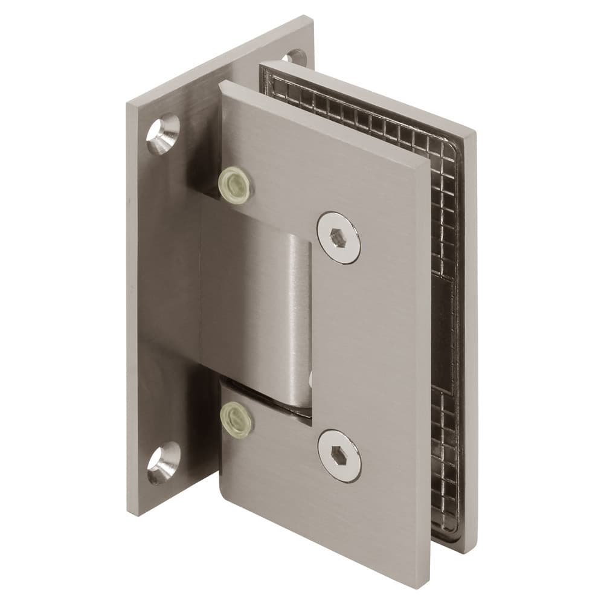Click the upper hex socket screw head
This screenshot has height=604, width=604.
tap(338, 237)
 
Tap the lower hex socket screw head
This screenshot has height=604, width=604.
tap(339, 455)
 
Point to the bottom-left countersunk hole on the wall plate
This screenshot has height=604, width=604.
tap(164, 462)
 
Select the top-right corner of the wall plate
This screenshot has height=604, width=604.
tap(312, 18)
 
